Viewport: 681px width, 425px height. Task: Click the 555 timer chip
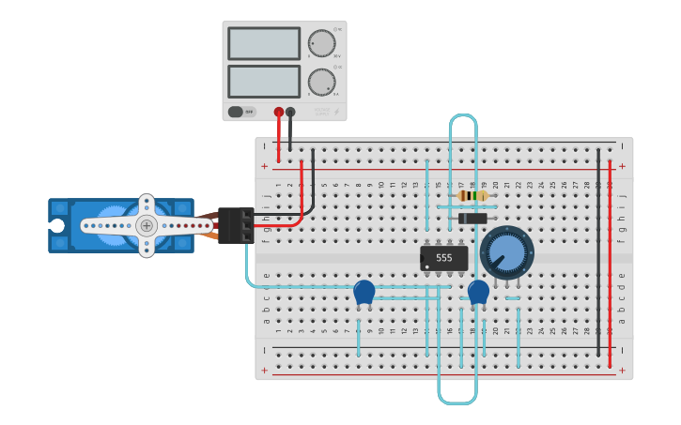point(443,257)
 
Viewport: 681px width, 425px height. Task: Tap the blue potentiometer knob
point(505,251)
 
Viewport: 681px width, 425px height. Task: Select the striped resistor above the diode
point(474,196)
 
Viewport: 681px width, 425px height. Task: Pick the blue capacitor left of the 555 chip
point(364,293)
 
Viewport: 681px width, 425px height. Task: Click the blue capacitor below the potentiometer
point(479,292)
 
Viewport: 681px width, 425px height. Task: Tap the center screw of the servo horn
point(147,225)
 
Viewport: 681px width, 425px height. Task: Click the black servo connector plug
point(235,225)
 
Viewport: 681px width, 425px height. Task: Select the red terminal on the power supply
point(279,112)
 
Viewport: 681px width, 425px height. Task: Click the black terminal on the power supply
point(290,112)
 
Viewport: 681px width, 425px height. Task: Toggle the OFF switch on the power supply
point(242,112)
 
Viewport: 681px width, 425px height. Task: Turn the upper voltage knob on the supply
point(321,43)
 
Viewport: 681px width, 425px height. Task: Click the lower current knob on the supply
point(321,82)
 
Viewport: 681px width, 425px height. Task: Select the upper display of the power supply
point(264,43)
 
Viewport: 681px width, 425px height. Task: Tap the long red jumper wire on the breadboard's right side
point(610,263)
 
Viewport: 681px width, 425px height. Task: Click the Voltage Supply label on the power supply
point(322,111)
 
